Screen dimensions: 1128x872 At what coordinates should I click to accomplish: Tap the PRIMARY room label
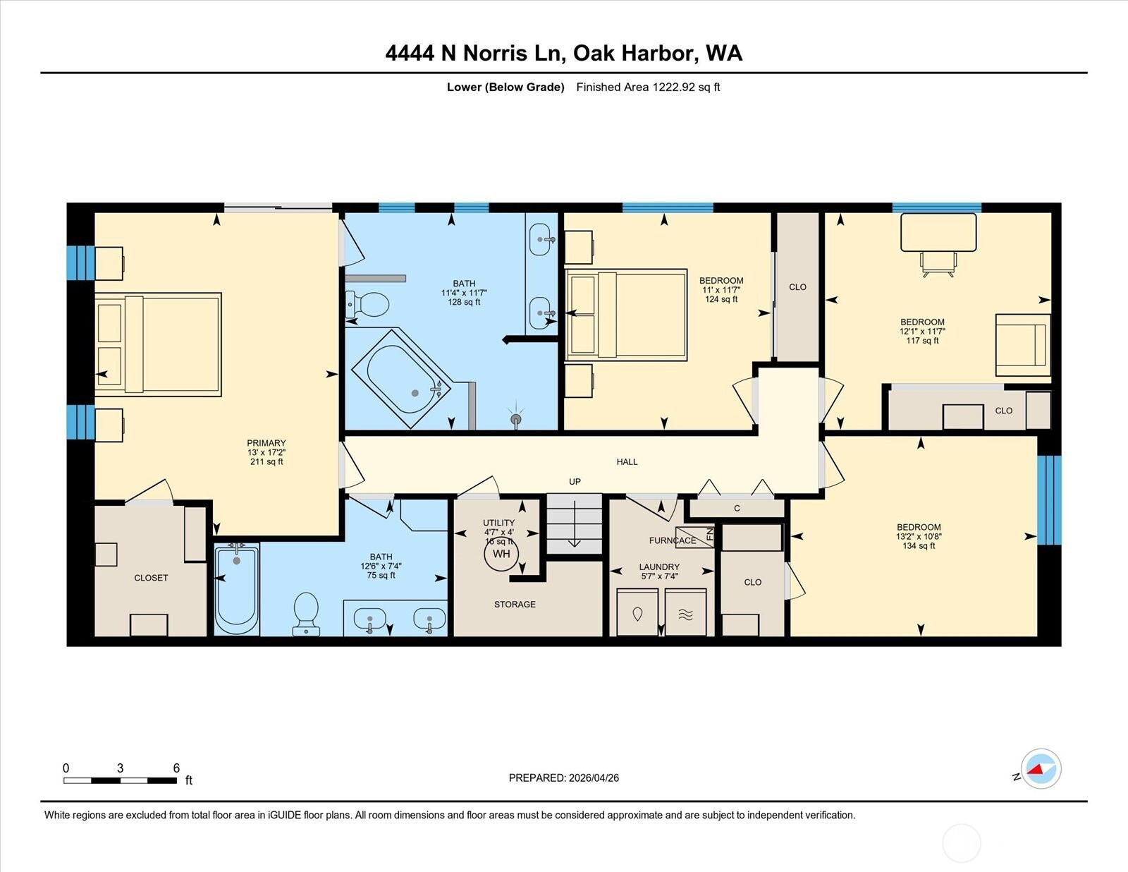[x=266, y=443]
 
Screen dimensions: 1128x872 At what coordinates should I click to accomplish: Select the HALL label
[x=627, y=461]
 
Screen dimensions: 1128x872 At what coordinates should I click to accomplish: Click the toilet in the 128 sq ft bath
[x=367, y=305]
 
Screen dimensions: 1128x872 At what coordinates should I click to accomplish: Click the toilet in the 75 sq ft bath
[x=306, y=614]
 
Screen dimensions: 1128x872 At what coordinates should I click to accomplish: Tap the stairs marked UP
[x=574, y=523]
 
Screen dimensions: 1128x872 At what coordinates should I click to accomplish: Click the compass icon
[x=1041, y=769]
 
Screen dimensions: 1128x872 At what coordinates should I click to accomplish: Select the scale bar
[x=121, y=780]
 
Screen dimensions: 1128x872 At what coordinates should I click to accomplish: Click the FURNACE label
[x=673, y=540]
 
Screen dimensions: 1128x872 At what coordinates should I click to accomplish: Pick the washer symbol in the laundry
[x=637, y=612]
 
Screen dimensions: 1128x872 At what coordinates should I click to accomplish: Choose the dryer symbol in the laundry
[x=685, y=612]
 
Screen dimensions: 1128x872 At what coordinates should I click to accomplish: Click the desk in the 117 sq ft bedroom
[x=938, y=233]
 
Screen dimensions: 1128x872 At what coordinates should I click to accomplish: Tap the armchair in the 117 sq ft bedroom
[x=1023, y=345]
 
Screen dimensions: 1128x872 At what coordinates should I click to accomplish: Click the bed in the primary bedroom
[x=158, y=345]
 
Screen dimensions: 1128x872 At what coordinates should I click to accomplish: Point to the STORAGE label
[x=515, y=605]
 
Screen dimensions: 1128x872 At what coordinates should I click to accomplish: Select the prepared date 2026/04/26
[x=594, y=778]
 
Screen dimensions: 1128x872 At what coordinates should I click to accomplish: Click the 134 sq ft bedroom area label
[x=919, y=546]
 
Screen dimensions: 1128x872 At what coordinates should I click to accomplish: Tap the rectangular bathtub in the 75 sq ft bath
[x=237, y=589]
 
